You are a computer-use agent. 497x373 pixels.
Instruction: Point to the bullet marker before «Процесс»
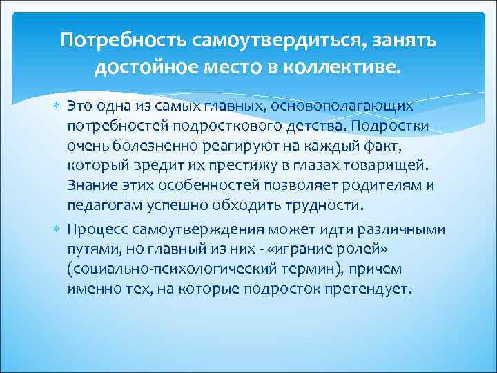click(58, 229)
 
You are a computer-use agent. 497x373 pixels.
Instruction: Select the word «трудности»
click(328, 206)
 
